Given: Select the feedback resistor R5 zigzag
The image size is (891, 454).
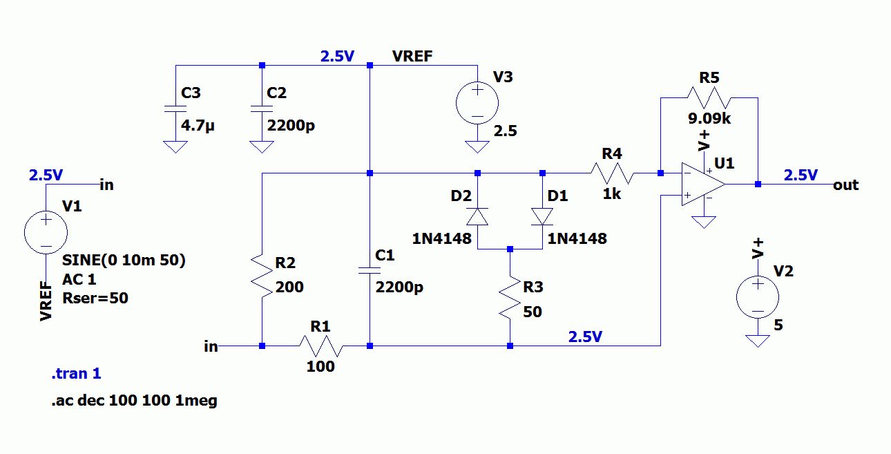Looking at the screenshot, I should (x=709, y=97).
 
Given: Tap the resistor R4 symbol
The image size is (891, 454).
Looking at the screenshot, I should (x=611, y=173).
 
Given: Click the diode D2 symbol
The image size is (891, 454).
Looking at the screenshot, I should (x=477, y=216).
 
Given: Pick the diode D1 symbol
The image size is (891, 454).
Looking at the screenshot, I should (x=542, y=216).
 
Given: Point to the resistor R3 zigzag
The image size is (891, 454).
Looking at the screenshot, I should (x=509, y=297).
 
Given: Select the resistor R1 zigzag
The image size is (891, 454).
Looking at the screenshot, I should (x=320, y=346).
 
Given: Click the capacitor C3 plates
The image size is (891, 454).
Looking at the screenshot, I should (x=175, y=108).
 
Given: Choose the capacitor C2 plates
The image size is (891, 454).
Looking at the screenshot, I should (x=261, y=108).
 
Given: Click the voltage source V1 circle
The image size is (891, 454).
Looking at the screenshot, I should (x=46, y=232).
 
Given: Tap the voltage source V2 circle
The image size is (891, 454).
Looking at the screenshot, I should (x=758, y=297).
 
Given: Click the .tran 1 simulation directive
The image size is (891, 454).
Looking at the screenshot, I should (x=76, y=374).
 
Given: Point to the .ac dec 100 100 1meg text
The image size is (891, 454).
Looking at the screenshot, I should (x=134, y=400).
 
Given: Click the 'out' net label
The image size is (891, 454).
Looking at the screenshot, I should (x=846, y=185).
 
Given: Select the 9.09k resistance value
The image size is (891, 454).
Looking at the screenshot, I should (x=709, y=118).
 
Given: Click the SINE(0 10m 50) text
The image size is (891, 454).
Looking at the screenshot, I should (x=124, y=261).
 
